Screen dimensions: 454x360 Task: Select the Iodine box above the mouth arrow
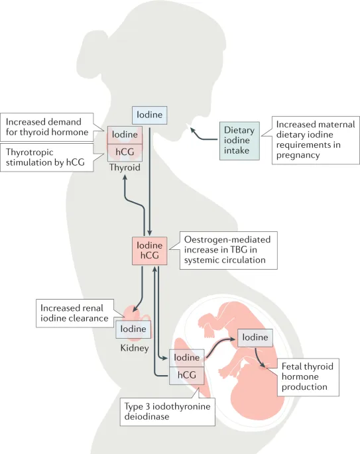coord(149,115)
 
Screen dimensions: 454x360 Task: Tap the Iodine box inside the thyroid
coord(125,134)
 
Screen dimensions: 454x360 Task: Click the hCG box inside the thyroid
coord(125,151)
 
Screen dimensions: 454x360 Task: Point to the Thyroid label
coord(125,168)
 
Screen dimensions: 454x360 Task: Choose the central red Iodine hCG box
coord(149,251)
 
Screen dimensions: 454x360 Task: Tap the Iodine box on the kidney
coord(133,329)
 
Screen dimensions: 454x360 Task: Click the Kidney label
coord(133,347)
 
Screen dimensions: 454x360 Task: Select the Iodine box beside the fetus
coord(255,337)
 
